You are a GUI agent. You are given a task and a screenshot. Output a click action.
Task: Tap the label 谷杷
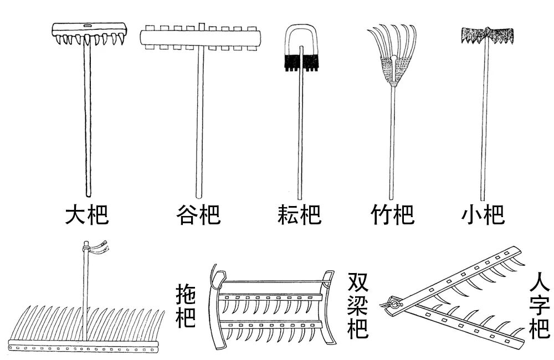point(198,214)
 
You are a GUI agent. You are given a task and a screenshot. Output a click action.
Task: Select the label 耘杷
point(299,214)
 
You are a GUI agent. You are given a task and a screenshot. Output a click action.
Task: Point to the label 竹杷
point(392,214)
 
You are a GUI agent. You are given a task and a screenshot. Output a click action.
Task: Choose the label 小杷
point(483,214)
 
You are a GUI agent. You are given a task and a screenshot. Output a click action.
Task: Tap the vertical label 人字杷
point(539,305)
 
